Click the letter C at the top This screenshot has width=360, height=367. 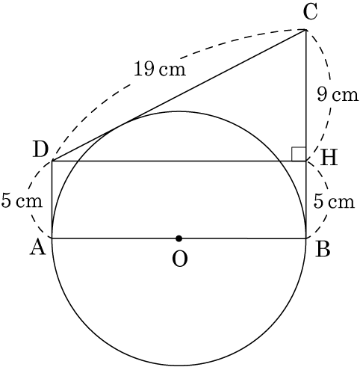(311, 13)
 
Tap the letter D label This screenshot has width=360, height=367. (40, 150)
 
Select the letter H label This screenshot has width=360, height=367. (329, 158)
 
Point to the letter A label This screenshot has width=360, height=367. (38, 248)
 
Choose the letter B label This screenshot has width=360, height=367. (323, 250)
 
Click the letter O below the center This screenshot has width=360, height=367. (179, 259)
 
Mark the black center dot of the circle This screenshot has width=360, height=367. (179, 238)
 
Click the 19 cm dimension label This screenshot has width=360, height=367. (160, 69)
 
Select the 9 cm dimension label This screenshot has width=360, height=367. (338, 95)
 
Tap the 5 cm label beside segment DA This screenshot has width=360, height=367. (22, 201)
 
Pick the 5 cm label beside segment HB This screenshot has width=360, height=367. (334, 201)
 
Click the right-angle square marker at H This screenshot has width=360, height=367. (299, 154)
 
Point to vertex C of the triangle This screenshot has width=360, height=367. (305, 30)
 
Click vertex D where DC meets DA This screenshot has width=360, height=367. (52, 161)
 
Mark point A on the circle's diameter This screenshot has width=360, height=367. (52, 238)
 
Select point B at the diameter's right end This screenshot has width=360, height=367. (305, 238)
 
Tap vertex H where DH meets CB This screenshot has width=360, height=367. (305, 161)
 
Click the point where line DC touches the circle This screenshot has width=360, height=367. (122, 125)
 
